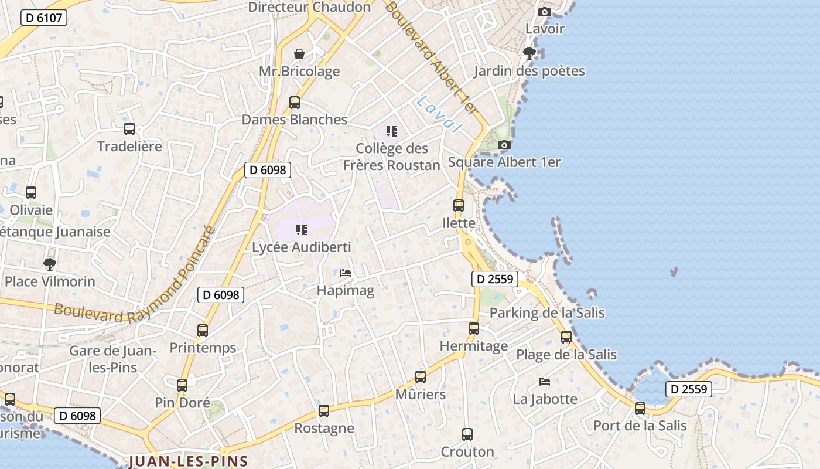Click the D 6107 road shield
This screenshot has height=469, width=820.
coord(44,18)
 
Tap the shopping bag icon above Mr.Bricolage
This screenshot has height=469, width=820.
coord(299,54)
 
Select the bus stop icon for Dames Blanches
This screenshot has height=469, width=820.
coord(295,103)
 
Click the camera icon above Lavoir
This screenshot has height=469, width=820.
coord(545,12)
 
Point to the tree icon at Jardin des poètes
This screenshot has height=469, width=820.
coord(529,53)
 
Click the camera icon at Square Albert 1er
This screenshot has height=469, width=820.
coord(504,145)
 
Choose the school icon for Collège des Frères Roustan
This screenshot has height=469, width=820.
coord(391,131)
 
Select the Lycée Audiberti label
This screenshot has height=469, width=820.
coord(302,247)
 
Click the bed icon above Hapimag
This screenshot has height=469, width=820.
coord(346,273)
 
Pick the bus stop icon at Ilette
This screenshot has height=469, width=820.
coord(459,206)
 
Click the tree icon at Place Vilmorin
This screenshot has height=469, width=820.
coord(50,264)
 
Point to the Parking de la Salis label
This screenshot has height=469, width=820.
coord(547,312)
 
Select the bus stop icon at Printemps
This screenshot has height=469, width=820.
coord(203,331)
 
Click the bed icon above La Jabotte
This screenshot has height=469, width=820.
coord(545,382)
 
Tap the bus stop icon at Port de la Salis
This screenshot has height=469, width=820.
coord(640,408)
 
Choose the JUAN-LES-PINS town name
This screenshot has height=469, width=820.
coord(189,461)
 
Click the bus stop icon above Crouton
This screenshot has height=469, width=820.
coord(467,434)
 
